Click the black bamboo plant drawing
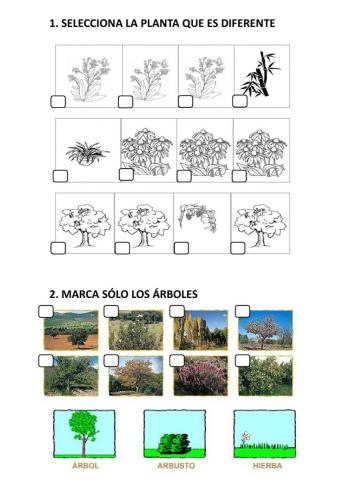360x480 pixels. tap(262, 74)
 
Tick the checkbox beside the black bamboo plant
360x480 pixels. tap(240, 100)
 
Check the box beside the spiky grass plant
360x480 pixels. tap(60, 176)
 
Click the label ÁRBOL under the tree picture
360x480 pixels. tap(86, 466)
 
